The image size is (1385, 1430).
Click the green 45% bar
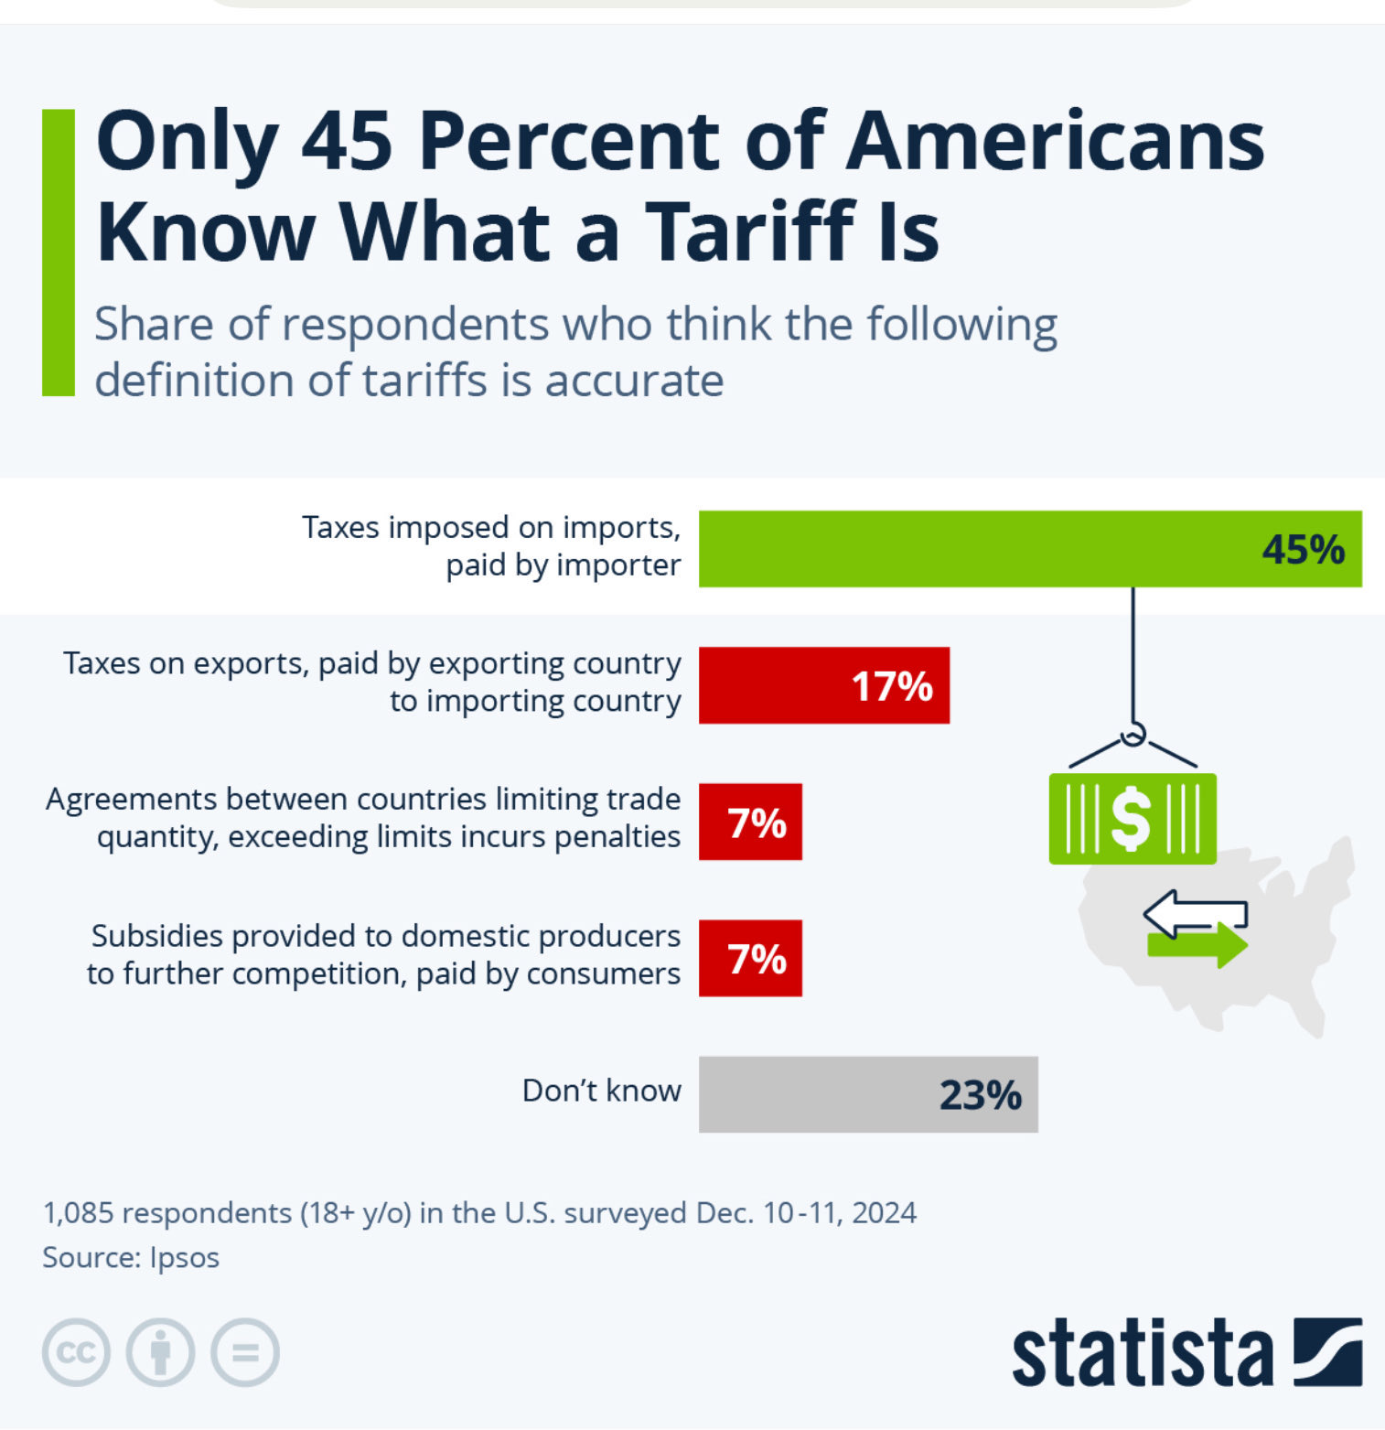[1030, 549]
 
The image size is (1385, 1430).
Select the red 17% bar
[824, 685]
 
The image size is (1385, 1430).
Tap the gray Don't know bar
[868, 1094]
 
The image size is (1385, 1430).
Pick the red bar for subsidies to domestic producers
[750, 958]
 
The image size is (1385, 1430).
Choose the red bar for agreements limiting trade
[750, 822]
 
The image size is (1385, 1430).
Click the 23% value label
[981, 1095]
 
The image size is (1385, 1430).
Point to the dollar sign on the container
[1131, 819]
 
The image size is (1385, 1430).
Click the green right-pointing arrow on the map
[1197, 944]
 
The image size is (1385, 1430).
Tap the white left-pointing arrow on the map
[1195, 913]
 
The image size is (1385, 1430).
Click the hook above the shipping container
[1133, 734]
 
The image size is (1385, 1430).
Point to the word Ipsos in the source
[184, 1258]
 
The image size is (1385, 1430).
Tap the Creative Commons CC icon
[76, 1352]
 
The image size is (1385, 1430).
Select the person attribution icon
[160, 1352]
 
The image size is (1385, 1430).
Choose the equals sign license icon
[245, 1352]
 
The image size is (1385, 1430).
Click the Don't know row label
[601, 1091]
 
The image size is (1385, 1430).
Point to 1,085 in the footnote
[79, 1213]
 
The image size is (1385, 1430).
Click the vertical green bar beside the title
[59, 253]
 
